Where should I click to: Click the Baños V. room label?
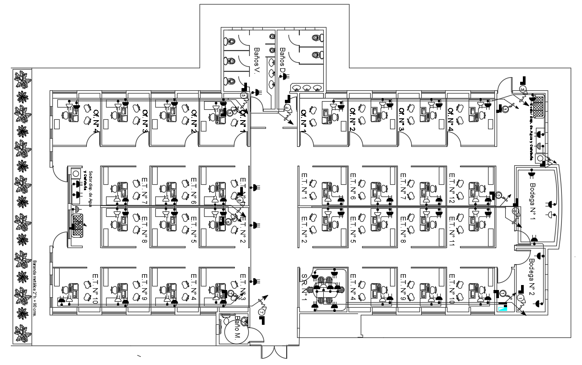257,61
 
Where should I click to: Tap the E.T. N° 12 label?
452,188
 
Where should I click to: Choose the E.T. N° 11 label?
452,231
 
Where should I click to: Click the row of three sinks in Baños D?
307,88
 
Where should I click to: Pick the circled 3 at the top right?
523,89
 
